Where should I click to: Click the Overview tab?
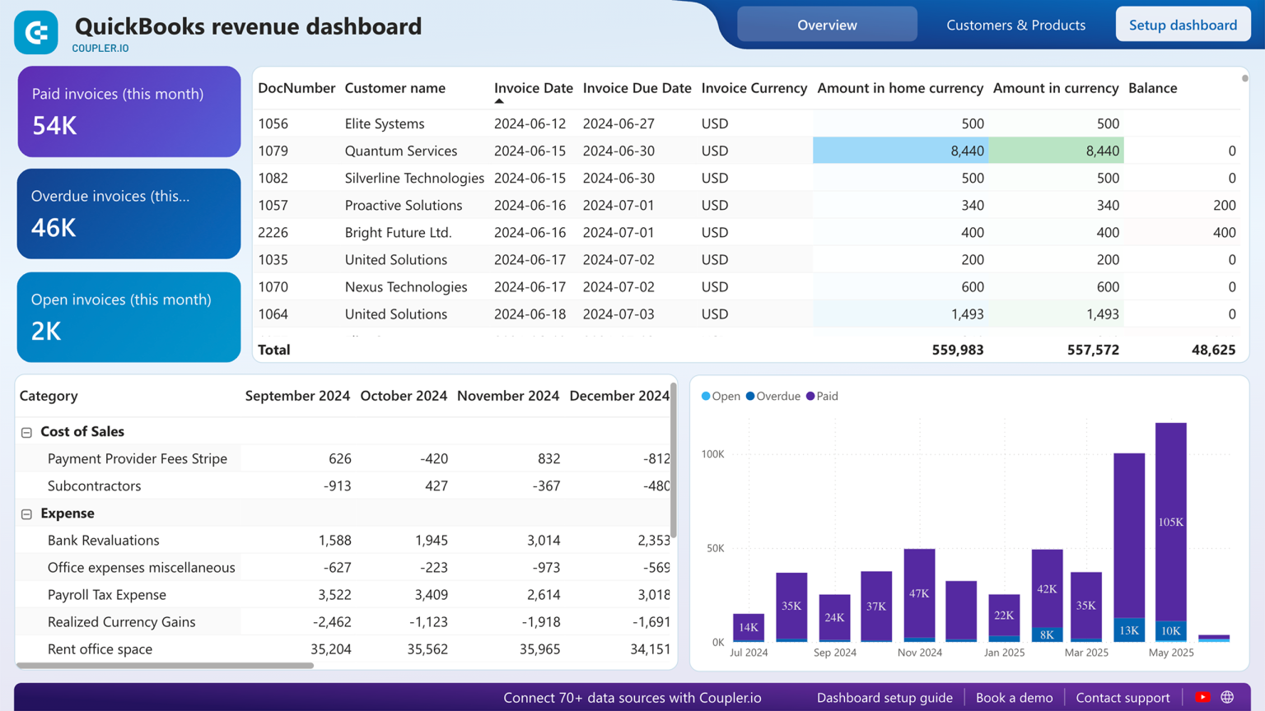coord(827,25)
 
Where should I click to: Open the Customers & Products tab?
coord(1015,25)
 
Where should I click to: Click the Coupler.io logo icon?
coord(36,33)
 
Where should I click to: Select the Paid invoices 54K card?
coord(129,111)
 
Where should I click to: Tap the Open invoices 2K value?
coord(46,331)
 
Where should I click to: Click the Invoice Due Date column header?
coord(637,88)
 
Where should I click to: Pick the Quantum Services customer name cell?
coord(400,151)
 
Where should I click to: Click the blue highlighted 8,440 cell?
coord(900,151)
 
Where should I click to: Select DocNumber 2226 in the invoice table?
coord(273,232)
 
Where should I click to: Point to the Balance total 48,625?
coord(1213,350)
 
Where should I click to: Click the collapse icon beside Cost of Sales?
coord(26,432)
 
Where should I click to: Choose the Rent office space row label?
coord(100,649)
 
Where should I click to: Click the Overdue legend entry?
coord(773,397)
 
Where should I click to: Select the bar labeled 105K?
coord(1170,522)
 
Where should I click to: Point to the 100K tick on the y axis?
coord(712,454)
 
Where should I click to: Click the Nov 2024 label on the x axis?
coord(919,653)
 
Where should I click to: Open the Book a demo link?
coord(1014,698)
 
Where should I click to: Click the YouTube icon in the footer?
coord(1202,698)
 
